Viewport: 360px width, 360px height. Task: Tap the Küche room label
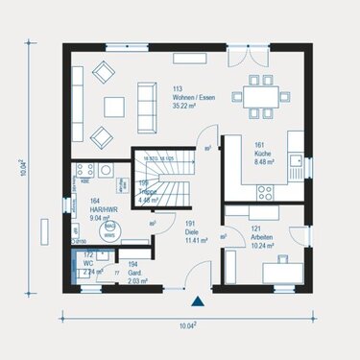(263, 153)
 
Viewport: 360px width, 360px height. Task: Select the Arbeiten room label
(263, 235)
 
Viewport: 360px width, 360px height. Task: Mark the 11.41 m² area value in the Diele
(195, 239)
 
